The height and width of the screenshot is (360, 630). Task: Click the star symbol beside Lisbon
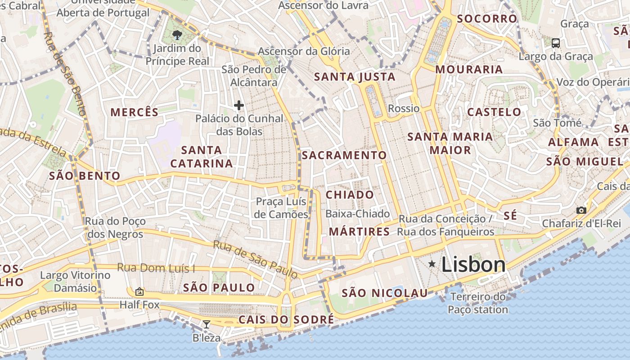pyautogui.click(x=432, y=264)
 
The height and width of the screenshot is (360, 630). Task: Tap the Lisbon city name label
pyautogui.click(x=473, y=265)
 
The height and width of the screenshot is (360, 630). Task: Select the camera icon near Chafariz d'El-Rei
pyautogui.click(x=581, y=210)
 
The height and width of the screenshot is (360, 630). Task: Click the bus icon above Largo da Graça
pyautogui.click(x=556, y=43)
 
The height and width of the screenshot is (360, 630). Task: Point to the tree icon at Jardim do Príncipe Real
pyautogui.click(x=177, y=35)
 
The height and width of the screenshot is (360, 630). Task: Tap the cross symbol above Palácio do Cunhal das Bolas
pyautogui.click(x=239, y=106)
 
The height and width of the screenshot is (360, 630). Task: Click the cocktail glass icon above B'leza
pyautogui.click(x=206, y=324)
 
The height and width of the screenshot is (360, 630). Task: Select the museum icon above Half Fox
pyautogui.click(x=139, y=292)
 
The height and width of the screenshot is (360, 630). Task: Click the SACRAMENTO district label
pyautogui.click(x=344, y=155)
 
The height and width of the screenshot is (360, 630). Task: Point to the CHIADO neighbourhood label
pyautogui.click(x=350, y=195)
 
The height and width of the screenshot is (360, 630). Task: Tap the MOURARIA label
pyautogui.click(x=469, y=69)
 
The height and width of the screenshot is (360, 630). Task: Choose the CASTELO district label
pyautogui.click(x=494, y=112)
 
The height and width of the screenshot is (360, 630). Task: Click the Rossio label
pyautogui.click(x=403, y=108)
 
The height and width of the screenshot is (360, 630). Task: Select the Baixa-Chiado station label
pyautogui.click(x=357, y=214)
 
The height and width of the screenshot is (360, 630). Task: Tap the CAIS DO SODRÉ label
pyautogui.click(x=286, y=319)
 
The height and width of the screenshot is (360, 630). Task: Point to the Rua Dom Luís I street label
pyautogui.click(x=156, y=268)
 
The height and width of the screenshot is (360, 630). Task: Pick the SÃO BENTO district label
pyautogui.click(x=85, y=176)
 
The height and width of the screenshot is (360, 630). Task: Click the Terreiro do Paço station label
pyautogui.click(x=478, y=303)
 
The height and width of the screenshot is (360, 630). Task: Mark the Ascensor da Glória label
pyautogui.click(x=304, y=51)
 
